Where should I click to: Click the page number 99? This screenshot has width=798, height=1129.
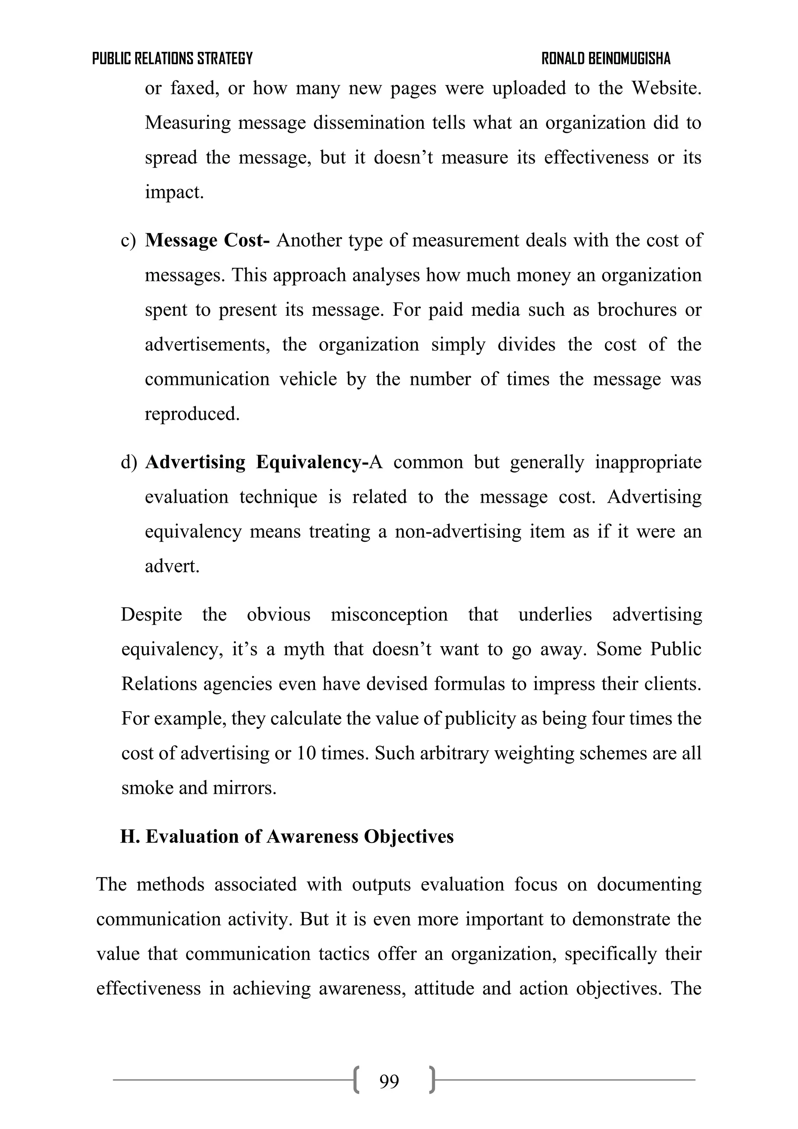click(x=389, y=1081)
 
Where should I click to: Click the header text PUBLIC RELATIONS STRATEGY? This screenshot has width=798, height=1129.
click(x=172, y=58)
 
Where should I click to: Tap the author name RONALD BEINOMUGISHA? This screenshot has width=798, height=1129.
click(x=606, y=58)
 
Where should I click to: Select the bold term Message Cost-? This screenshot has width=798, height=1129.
click(x=207, y=240)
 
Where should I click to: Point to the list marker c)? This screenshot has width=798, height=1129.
click(x=128, y=240)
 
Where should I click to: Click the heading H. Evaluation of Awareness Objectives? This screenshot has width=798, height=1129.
click(x=287, y=836)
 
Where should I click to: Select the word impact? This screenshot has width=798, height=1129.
click(x=173, y=192)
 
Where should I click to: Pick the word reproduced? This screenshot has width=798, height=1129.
click(x=192, y=414)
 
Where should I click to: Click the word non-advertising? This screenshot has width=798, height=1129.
click(x=458, y=532)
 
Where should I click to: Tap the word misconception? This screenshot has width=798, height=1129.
click(x=389, y=615)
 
